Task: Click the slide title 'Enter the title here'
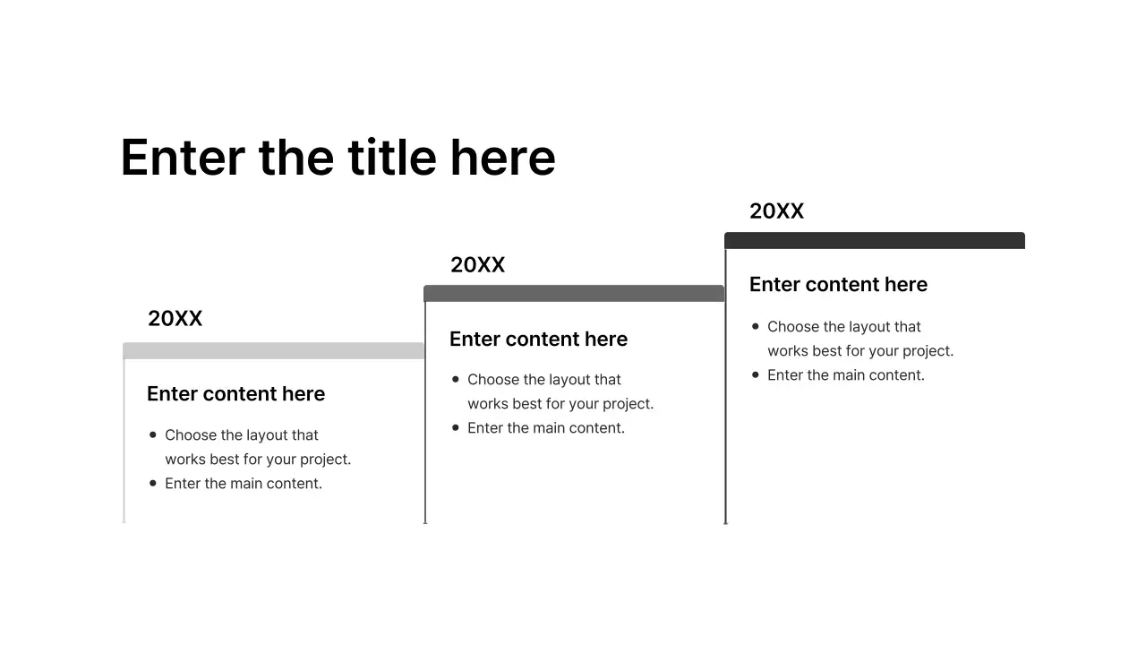[338, 158]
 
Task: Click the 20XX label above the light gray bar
[175, 319]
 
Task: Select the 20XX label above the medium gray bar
[478, 265]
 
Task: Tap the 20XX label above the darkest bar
[777, 211]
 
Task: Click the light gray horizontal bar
[273, 350]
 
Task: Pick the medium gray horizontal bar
[574, 294]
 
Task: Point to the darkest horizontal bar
[875, 240]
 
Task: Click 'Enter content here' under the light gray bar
[235, 394]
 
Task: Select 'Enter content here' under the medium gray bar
[538, 340]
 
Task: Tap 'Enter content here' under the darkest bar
[838, 285]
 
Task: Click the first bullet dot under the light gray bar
[153, 434]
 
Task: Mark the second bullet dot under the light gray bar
[153, 483]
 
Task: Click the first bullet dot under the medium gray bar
[456, 380]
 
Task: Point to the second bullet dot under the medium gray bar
[456, 427]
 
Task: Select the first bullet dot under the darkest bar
[756, 326]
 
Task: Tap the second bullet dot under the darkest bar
[756, 374]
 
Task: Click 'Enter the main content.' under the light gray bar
[244, 484]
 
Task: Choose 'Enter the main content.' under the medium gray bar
[546, 428]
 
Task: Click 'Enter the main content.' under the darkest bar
[846, 375]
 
